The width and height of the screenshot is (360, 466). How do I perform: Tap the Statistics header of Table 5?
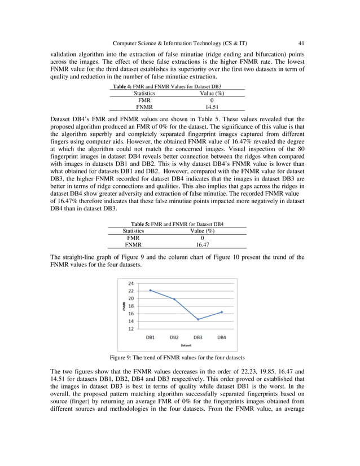click(134, 231)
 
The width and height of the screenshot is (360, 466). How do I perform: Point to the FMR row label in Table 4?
click(144, 99)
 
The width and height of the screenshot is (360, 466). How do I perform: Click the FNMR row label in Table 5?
click(134, 245)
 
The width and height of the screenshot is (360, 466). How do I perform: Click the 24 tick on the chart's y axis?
click(131, 283)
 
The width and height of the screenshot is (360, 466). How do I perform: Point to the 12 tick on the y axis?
click(131, 328)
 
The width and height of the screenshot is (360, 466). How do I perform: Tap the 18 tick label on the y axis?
click(131, 306)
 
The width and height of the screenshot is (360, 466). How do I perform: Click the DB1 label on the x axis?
click(151, 337)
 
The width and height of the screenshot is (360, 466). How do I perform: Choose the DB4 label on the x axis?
click(222, 337)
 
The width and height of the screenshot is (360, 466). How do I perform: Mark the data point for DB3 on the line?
click(198, 319)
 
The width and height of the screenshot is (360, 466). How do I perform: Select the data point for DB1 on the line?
click(151, 290)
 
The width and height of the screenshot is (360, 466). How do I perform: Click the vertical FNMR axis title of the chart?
click(124, 306)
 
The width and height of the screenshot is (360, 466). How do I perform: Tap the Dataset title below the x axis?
click(186, 345)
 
